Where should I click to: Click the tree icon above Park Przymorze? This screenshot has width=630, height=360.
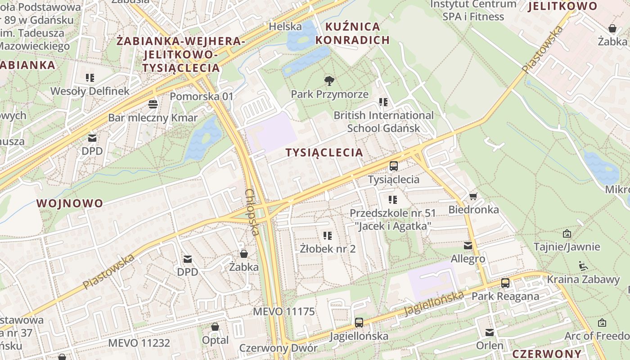coord(329,81)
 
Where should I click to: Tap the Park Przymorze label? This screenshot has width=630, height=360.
coord(329,94)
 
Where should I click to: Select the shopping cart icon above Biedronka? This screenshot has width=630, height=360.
coord(473,197)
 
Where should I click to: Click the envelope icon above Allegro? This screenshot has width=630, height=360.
coord(468,246)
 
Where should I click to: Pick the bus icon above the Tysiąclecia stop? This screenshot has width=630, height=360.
coord(394,166)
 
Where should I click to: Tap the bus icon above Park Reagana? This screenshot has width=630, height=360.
coord(505,283)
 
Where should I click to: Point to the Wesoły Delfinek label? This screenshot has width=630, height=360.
coord(90,91)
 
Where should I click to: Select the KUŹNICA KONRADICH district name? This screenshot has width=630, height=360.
coord(352,33)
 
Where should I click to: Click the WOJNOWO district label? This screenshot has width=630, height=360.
coord(70,203)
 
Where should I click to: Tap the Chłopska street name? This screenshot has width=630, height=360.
coord(252,211)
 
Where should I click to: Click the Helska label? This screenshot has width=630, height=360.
coord(285,27)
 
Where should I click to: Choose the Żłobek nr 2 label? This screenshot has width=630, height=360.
coord(328,248)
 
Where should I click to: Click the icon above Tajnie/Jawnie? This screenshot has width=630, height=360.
coord(567,234)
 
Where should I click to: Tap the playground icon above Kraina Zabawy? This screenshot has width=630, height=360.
coord(583,266)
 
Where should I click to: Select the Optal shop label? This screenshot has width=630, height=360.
coord(215,340)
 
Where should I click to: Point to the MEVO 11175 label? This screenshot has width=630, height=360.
coord(284,312)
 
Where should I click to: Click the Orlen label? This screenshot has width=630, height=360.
coord(490,346)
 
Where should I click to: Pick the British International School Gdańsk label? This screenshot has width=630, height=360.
coord(383,121)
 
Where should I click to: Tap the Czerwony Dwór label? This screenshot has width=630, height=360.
coord(278,348)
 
